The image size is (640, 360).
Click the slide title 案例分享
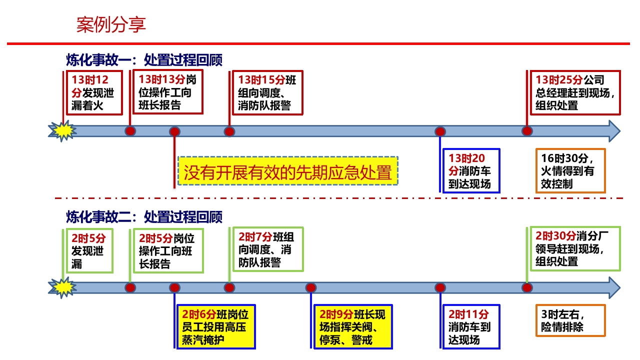tap(111, 24)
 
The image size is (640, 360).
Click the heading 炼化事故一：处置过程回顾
tap(144, 60)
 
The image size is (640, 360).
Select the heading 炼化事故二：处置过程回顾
tap(144, 217)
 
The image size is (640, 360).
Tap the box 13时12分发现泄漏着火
tap(94, 93)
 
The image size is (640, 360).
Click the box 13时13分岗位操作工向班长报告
tap(167, 92)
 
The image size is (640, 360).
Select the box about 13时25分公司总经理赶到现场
tap(575, 92)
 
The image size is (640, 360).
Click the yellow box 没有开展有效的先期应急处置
tap(287, 171)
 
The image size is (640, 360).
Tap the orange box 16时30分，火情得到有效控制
tap(570, 171)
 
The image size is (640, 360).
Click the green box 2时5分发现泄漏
tap(89, 250)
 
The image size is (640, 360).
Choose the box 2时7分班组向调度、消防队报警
tap(267, 249)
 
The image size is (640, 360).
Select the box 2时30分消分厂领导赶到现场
tap(575, 249)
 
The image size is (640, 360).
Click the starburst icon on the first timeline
tap(62, 131)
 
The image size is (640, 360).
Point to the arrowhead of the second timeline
tap(614, 287)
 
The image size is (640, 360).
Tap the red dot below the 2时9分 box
tap(311, 288)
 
